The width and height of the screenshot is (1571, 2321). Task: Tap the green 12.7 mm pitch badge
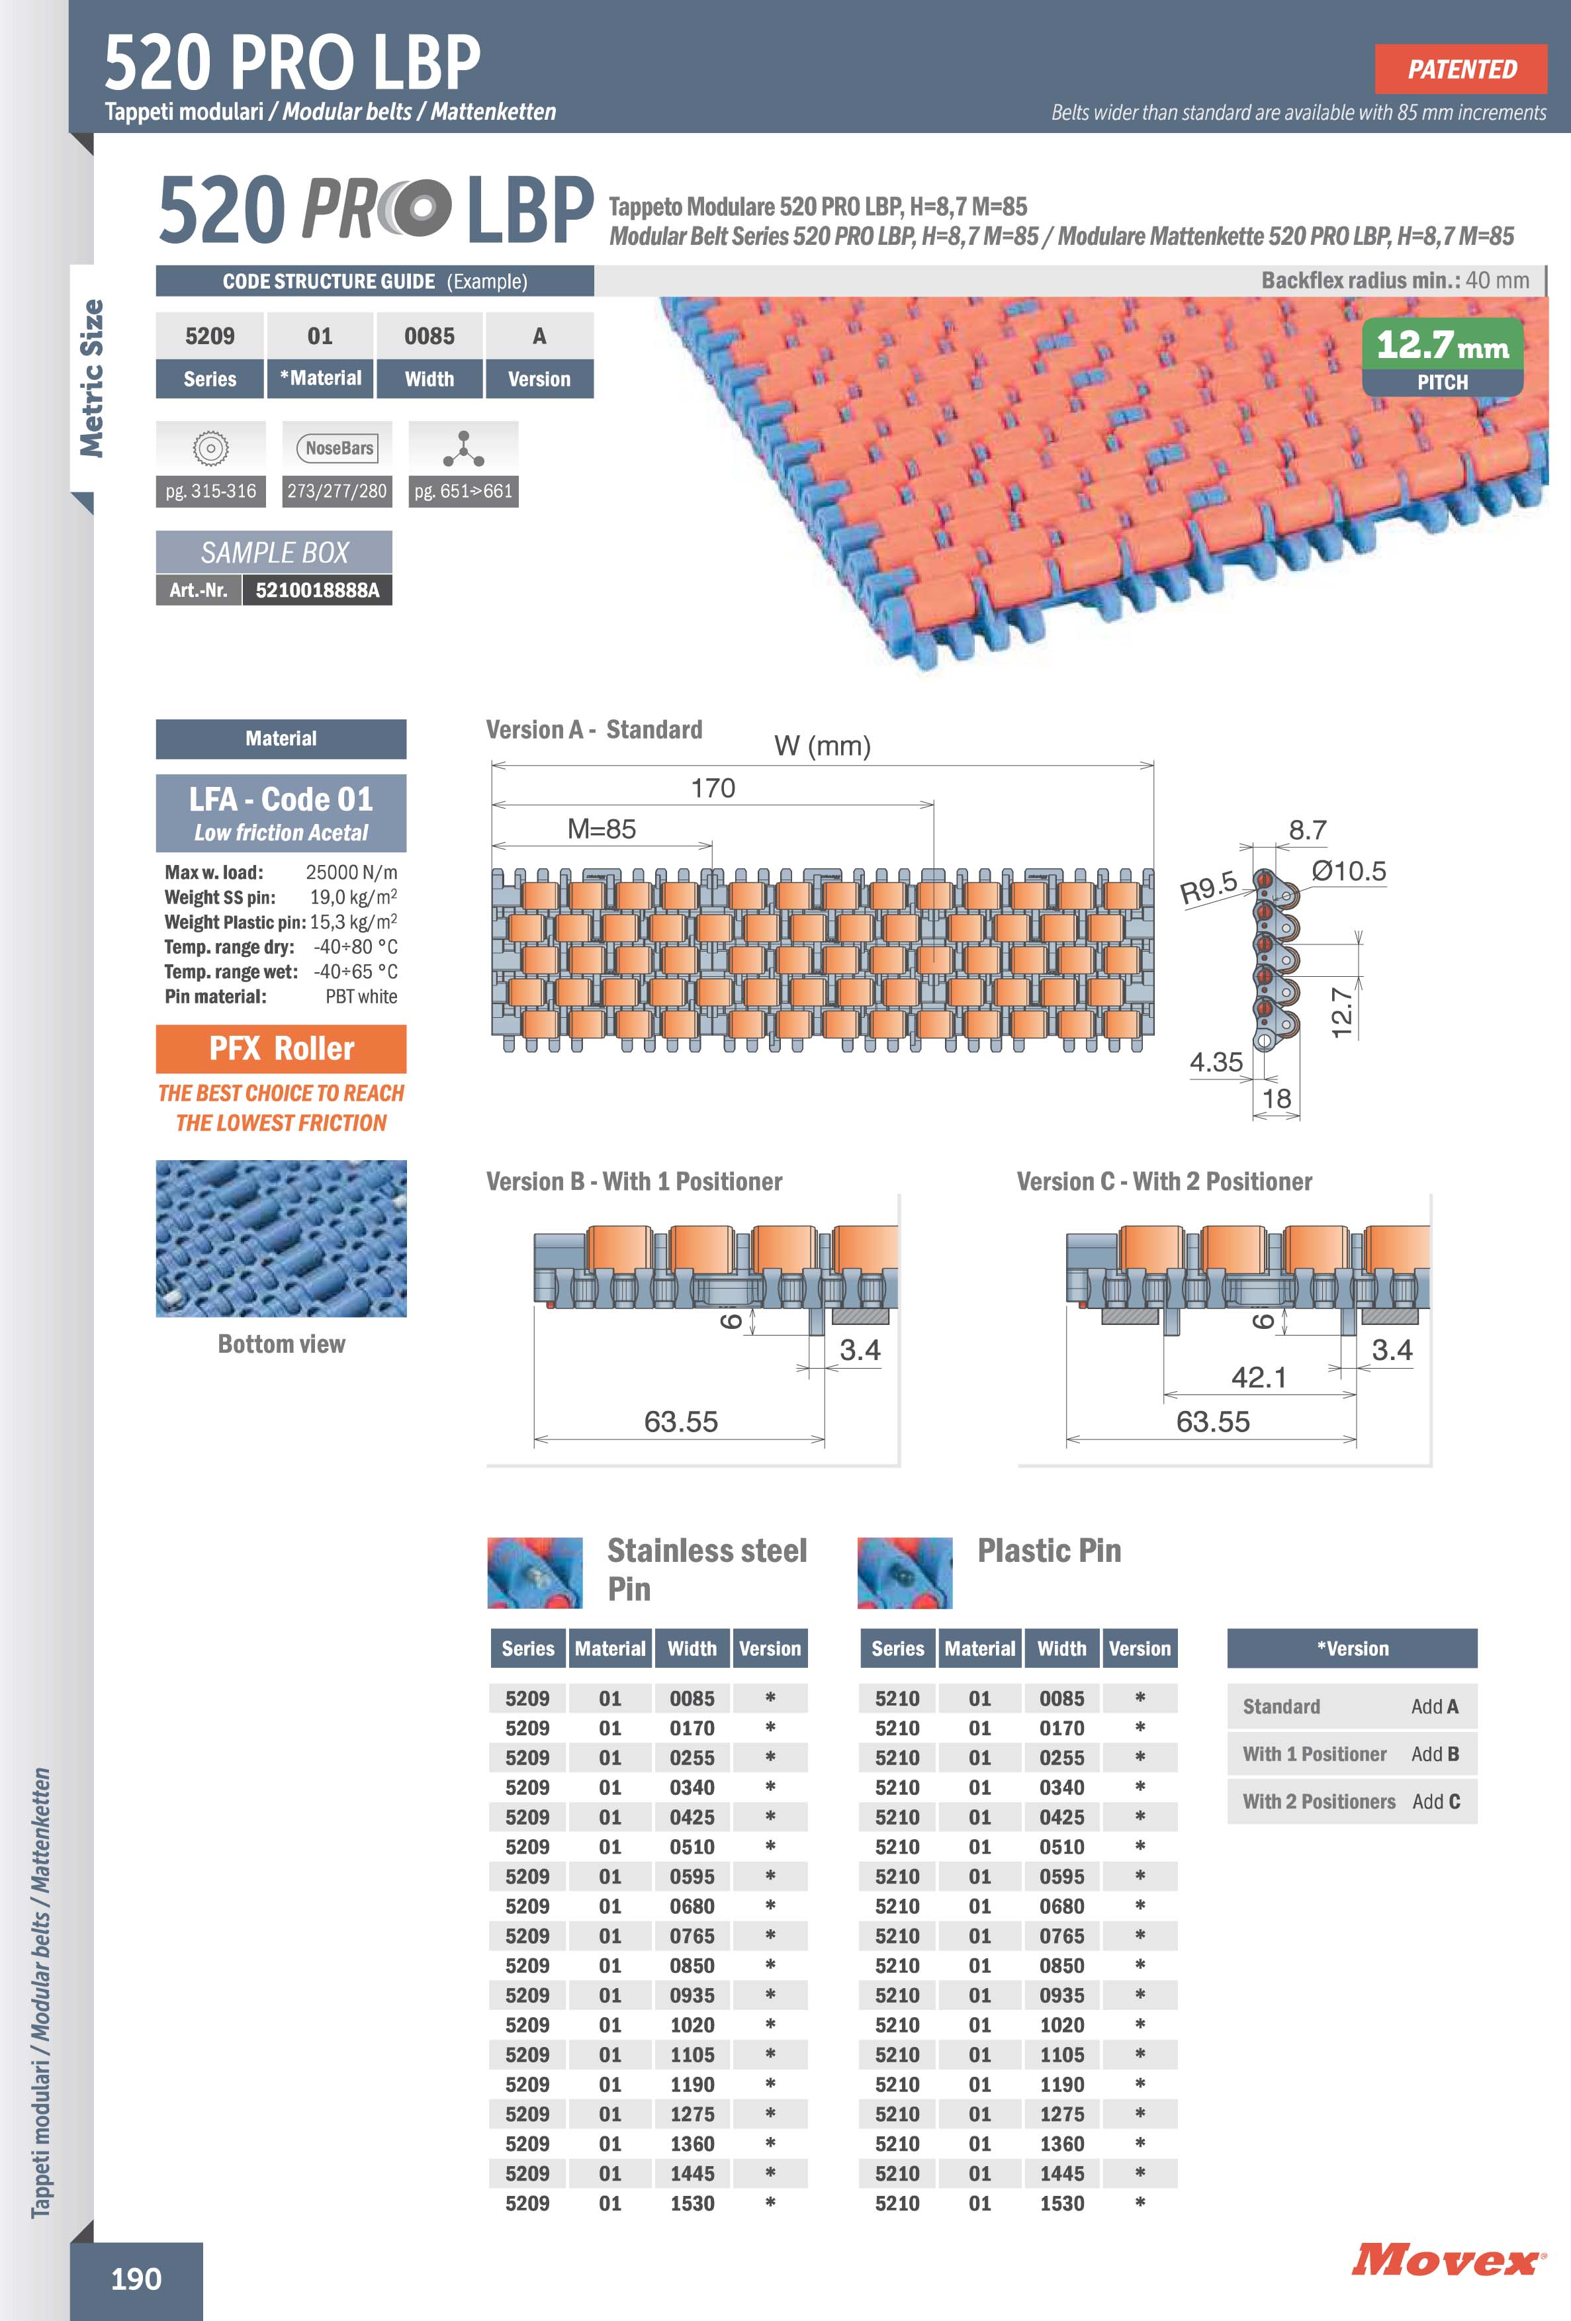click(1442, 355)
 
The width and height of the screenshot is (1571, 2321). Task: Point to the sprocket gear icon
click(210, 449)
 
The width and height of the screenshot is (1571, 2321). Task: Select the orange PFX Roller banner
click(281, 1048)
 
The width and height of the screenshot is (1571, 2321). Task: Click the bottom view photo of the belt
click(281, 1238)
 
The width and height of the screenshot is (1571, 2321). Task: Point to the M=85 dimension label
click(602, 829)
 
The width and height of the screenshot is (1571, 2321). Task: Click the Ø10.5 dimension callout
click(1348, 871)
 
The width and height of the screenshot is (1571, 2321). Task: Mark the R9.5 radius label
click(1208, 886)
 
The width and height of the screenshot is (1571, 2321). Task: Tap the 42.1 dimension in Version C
click(1259, 1377)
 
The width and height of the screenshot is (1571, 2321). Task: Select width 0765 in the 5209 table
click(692, 1936)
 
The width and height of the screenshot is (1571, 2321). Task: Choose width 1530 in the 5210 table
click(1061, 2203)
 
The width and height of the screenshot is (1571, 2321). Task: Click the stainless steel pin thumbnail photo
click(534, 1573)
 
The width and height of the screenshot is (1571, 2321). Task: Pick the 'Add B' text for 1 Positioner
click(1435, 1754)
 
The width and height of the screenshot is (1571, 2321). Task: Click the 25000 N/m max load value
click(351, 872)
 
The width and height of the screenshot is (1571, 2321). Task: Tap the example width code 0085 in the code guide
click(429, 337)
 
